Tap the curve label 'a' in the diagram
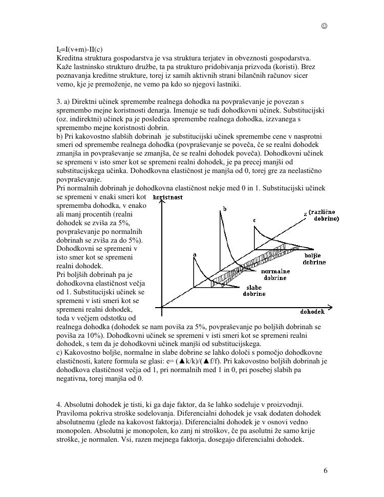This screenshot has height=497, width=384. coord(194,254)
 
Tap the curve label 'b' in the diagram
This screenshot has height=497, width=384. coord(223,209)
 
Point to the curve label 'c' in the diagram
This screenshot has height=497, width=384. coord(254,220)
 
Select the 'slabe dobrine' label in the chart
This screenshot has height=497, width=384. coord(254,291)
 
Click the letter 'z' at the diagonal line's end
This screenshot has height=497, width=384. coord(305,213)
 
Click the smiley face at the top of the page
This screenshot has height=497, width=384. coord(325,26)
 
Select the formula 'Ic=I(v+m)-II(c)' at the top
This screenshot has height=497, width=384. coord(79,50)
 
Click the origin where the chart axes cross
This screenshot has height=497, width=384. coord(162,308)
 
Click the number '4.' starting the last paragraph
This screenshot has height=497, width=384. coord(59,404)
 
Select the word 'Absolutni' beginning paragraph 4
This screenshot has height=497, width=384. coord(80,404)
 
